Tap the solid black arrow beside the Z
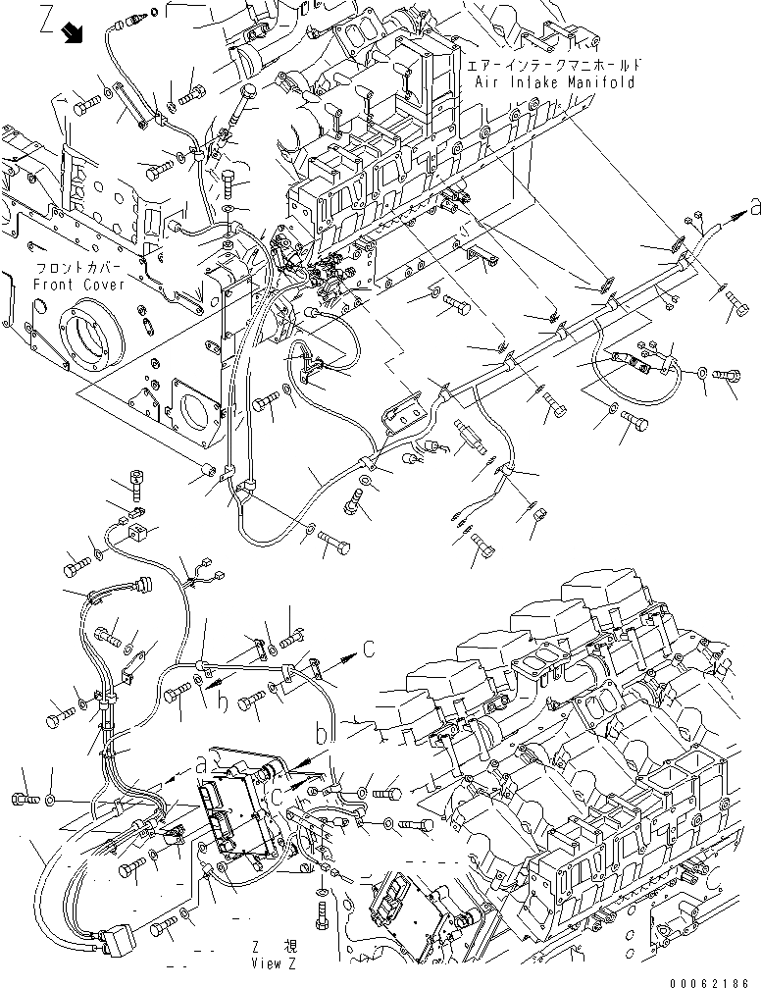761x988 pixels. point(74,34)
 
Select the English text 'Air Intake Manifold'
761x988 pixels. point(554,82)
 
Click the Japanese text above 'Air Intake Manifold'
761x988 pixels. point(554,65)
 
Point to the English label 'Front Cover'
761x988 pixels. point(78,285)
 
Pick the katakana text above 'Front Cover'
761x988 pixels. point(78,268)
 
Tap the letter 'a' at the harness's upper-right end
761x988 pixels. point(753,206)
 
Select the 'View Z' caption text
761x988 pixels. point(268,963)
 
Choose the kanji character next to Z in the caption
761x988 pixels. point(289,948)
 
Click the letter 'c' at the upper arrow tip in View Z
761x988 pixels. point(368,647)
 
